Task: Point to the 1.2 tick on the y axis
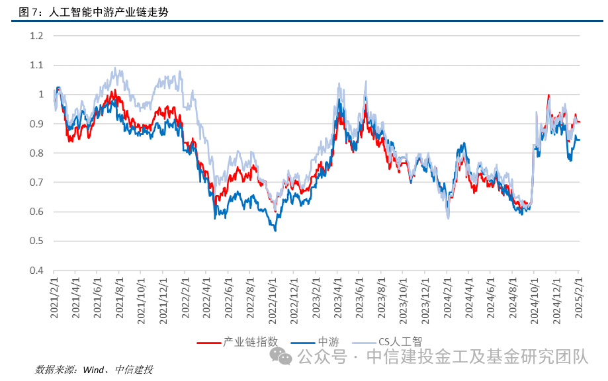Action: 36,36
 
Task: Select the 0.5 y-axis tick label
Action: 36,241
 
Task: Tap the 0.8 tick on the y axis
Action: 36,153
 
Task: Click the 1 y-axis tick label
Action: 40,95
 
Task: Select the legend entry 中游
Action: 328,342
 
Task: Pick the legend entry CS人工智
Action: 400,342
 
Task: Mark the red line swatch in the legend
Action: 208,343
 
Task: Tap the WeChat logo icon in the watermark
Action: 284,358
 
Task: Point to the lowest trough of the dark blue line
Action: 275,230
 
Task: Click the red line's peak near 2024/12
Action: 548,96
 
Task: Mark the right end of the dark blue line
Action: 580,140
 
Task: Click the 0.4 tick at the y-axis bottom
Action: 36,271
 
